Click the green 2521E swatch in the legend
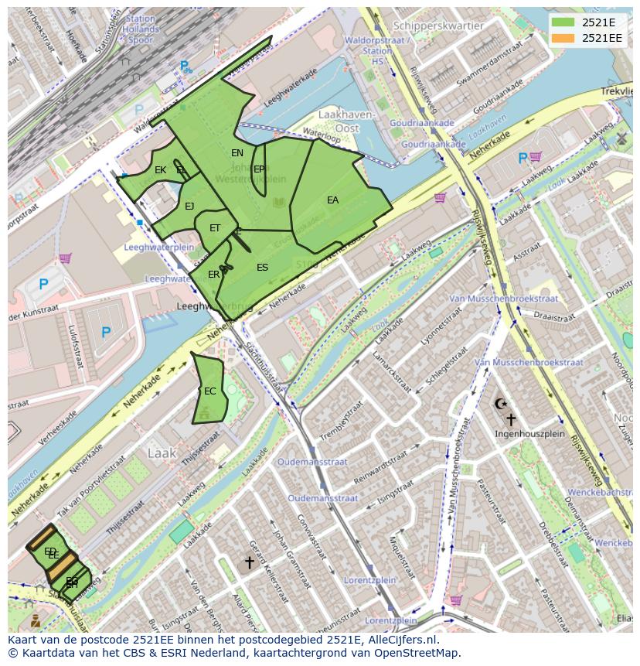coord(563,22)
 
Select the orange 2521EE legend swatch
coord(563,37)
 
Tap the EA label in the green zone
coord(332,200)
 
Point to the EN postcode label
coord(237,153)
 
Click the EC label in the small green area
coord(209,391)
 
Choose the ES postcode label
coord(262,268)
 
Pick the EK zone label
coord(160,170)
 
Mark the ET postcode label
coord(215,228)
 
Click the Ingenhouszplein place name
coord(529,434)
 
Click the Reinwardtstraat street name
coord(378,466)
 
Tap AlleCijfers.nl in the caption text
coord(402,640)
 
